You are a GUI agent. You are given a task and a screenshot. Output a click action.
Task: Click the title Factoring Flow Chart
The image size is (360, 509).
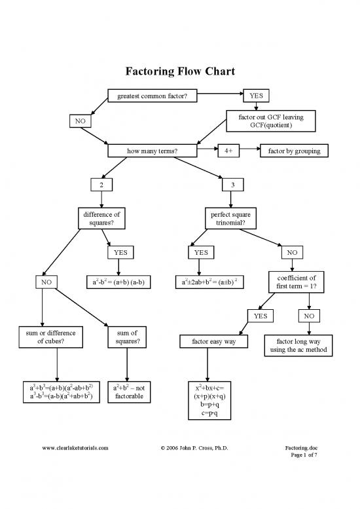[180, 71]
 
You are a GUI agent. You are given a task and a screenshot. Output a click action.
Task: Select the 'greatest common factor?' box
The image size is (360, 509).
[152, 96]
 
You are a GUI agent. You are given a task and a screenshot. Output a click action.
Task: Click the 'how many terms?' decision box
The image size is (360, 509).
[152, 151]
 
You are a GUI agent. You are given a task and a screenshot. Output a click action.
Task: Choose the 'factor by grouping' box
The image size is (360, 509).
[294, 151]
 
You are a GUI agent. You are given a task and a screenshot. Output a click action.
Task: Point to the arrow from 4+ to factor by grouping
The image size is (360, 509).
[251, 151]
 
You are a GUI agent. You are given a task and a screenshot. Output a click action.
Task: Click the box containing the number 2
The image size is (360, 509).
[101, 185]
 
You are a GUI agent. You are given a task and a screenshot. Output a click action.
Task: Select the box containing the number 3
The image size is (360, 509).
[232, 185]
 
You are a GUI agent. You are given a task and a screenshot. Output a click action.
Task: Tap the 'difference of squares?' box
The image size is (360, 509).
[101, 218]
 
